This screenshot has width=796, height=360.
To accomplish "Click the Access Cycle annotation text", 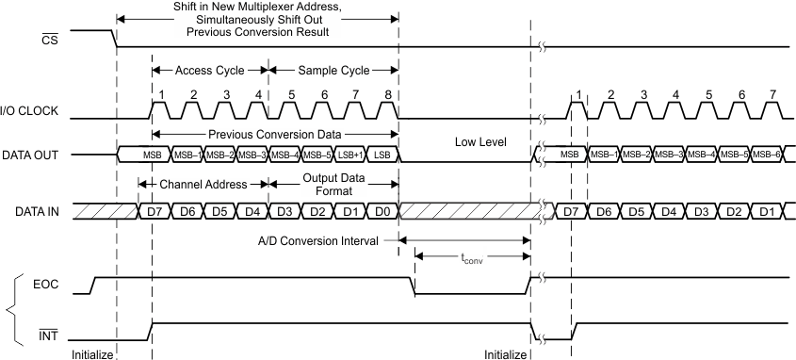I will pyautogui.click(x=209, y=71).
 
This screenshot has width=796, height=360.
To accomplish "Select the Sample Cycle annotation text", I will pyautogui.click(x=333, y=71).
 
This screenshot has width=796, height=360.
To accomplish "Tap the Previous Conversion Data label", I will pyautogui.click(x=274, y=134).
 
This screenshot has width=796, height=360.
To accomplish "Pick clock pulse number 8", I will pyautogui.click(x=388, y=94).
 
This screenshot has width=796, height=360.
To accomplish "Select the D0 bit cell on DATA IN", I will pyautogui.click(x=382, y=210).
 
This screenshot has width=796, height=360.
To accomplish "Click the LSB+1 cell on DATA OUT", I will pyautogui.click(x=349, y=154).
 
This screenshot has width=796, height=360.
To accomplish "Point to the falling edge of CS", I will pyautogui.click(x=115, y=39).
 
